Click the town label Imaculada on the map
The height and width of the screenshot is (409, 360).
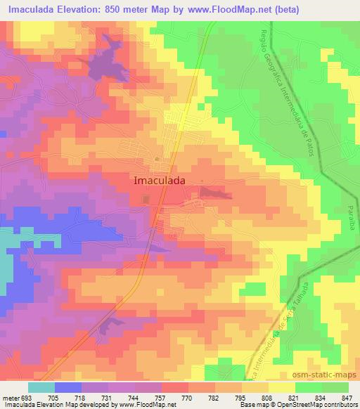(160, 180)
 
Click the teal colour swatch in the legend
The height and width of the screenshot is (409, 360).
(41, 387)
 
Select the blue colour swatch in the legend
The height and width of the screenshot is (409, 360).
(67, 387)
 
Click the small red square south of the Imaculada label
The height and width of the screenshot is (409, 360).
(146, 200)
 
